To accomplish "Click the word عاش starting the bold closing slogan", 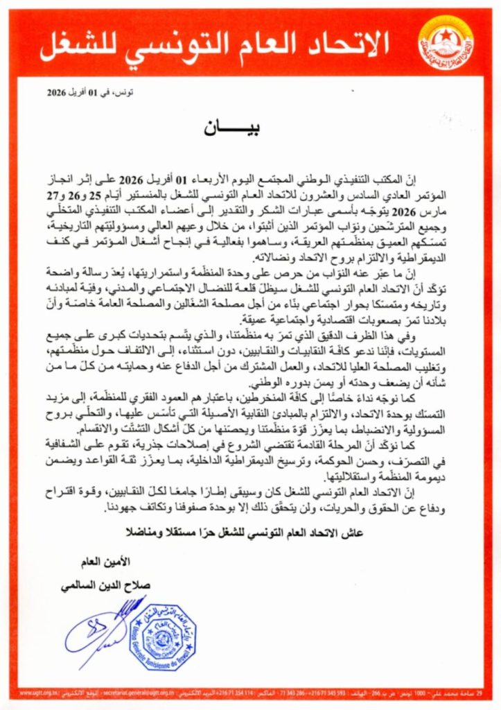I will click(x=353, y=532).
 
